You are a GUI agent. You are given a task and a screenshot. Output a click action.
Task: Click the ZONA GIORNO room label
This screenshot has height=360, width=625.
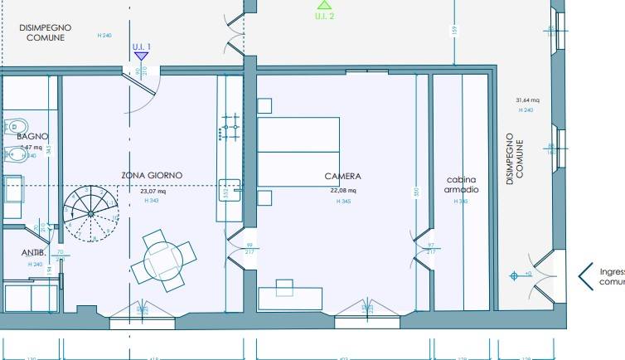pos(152,175)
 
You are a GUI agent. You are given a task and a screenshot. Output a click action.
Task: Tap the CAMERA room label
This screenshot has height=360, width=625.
pos(342,176)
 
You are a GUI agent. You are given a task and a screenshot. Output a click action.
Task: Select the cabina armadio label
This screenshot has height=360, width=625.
pos(462,184)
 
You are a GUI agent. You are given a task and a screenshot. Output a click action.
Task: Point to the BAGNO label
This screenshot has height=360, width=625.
pos(32,136)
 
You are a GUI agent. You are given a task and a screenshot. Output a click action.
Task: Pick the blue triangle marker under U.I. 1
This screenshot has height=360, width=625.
pos(141,56)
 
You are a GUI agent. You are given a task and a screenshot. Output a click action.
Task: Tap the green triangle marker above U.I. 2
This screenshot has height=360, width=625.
pos(324,5)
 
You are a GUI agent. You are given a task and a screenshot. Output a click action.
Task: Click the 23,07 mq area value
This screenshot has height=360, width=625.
pos(153,191)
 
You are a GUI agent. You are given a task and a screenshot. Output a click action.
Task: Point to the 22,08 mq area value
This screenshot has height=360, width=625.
pos(342,191)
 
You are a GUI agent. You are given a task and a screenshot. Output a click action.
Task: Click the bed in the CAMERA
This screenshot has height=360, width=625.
pos(298,152)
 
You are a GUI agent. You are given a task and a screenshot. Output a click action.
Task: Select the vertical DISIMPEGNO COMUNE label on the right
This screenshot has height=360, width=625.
pos(515,158)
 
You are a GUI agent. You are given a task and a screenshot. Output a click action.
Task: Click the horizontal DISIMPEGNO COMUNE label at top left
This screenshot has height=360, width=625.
pos(45,32)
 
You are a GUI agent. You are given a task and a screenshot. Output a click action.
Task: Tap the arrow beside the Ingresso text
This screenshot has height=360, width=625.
pos(585,275)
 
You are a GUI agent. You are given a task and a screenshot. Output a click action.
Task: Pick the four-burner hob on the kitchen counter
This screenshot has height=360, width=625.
pos(229,130)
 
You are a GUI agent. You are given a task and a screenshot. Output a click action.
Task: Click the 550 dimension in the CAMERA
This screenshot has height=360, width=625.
pos(417,192)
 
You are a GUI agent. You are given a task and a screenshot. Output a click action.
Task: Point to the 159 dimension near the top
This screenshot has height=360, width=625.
pos(454,31)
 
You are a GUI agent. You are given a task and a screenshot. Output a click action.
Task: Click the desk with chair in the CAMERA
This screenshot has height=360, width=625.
pos(289,294)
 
